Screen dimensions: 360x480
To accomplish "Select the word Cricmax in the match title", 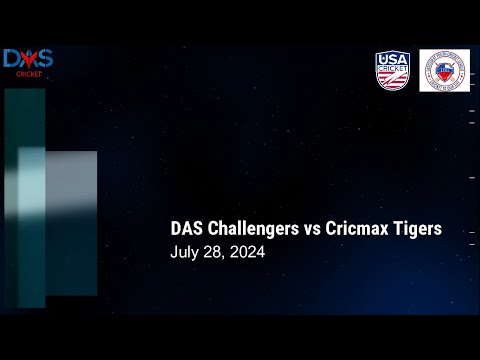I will coord(355,229).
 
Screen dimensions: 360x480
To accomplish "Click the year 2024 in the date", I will coord(247,252).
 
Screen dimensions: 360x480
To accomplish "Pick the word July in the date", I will coord(185,252).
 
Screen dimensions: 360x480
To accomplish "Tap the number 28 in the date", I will coord(213,252).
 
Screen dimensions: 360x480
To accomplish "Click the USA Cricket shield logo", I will coord(393,71).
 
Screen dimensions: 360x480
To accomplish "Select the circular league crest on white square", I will coord(444,71).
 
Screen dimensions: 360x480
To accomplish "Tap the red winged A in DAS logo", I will coord(27,60).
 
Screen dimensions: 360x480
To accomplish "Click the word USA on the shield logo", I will coord(392,60).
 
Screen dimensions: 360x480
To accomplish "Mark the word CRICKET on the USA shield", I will coord(392,69).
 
